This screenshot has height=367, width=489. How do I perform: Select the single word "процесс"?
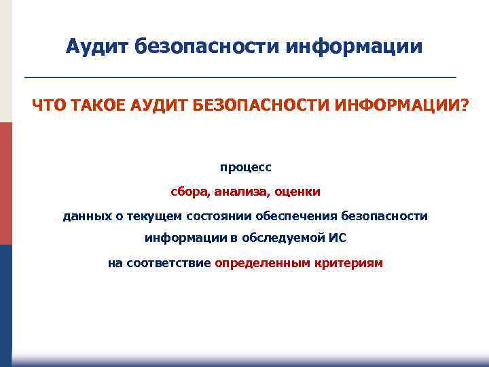pyautogui.click(x=245, y=167)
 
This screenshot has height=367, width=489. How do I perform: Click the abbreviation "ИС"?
pyautogui.click(x=338, y=239)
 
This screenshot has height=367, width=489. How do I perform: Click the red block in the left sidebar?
pyautogui.click(x=5, y=183)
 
